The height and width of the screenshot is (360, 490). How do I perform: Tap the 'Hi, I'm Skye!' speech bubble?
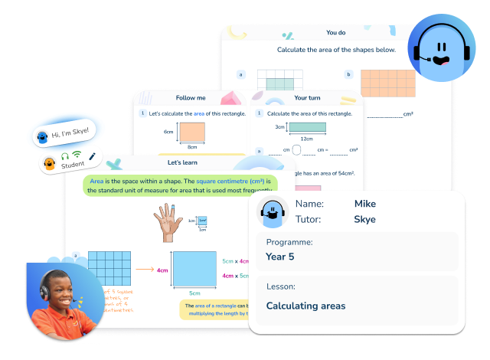click(70, 133)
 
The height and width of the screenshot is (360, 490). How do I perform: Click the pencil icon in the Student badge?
click(93, 156)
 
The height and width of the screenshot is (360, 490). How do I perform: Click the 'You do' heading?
click(335, 33)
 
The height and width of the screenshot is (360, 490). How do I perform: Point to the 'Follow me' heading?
click(191, 98)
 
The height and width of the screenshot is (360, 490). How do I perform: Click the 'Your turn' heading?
click(306, 98)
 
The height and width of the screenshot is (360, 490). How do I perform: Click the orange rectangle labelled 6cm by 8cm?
click(191, 131)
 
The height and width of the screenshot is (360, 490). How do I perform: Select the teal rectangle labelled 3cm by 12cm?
click(306, 128)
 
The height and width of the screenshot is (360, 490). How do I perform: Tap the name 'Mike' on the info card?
click(365, 204)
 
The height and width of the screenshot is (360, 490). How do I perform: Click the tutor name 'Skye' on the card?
click(365, 219)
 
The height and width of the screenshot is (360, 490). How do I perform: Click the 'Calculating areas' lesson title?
click(305, 306)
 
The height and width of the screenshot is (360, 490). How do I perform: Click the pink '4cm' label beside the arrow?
click(162, 270)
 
